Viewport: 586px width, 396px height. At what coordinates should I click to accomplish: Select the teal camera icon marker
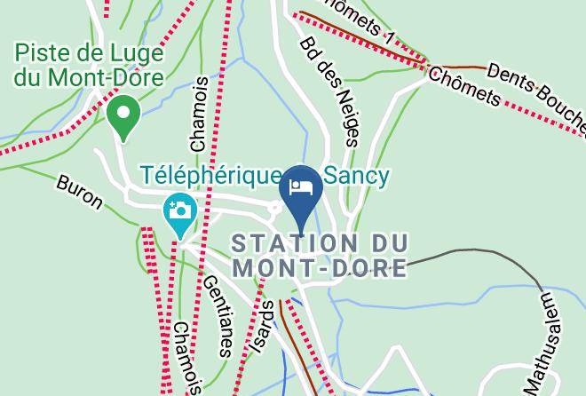tap(179, 212)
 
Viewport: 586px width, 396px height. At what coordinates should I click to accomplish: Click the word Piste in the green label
tap(42, 52)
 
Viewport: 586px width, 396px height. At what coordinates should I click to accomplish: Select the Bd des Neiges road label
tap(330, 90)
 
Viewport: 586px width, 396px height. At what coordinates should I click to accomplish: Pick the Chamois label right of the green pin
tap(199, 113)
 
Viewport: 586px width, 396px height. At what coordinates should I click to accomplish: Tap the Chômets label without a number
tap(464, 85)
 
